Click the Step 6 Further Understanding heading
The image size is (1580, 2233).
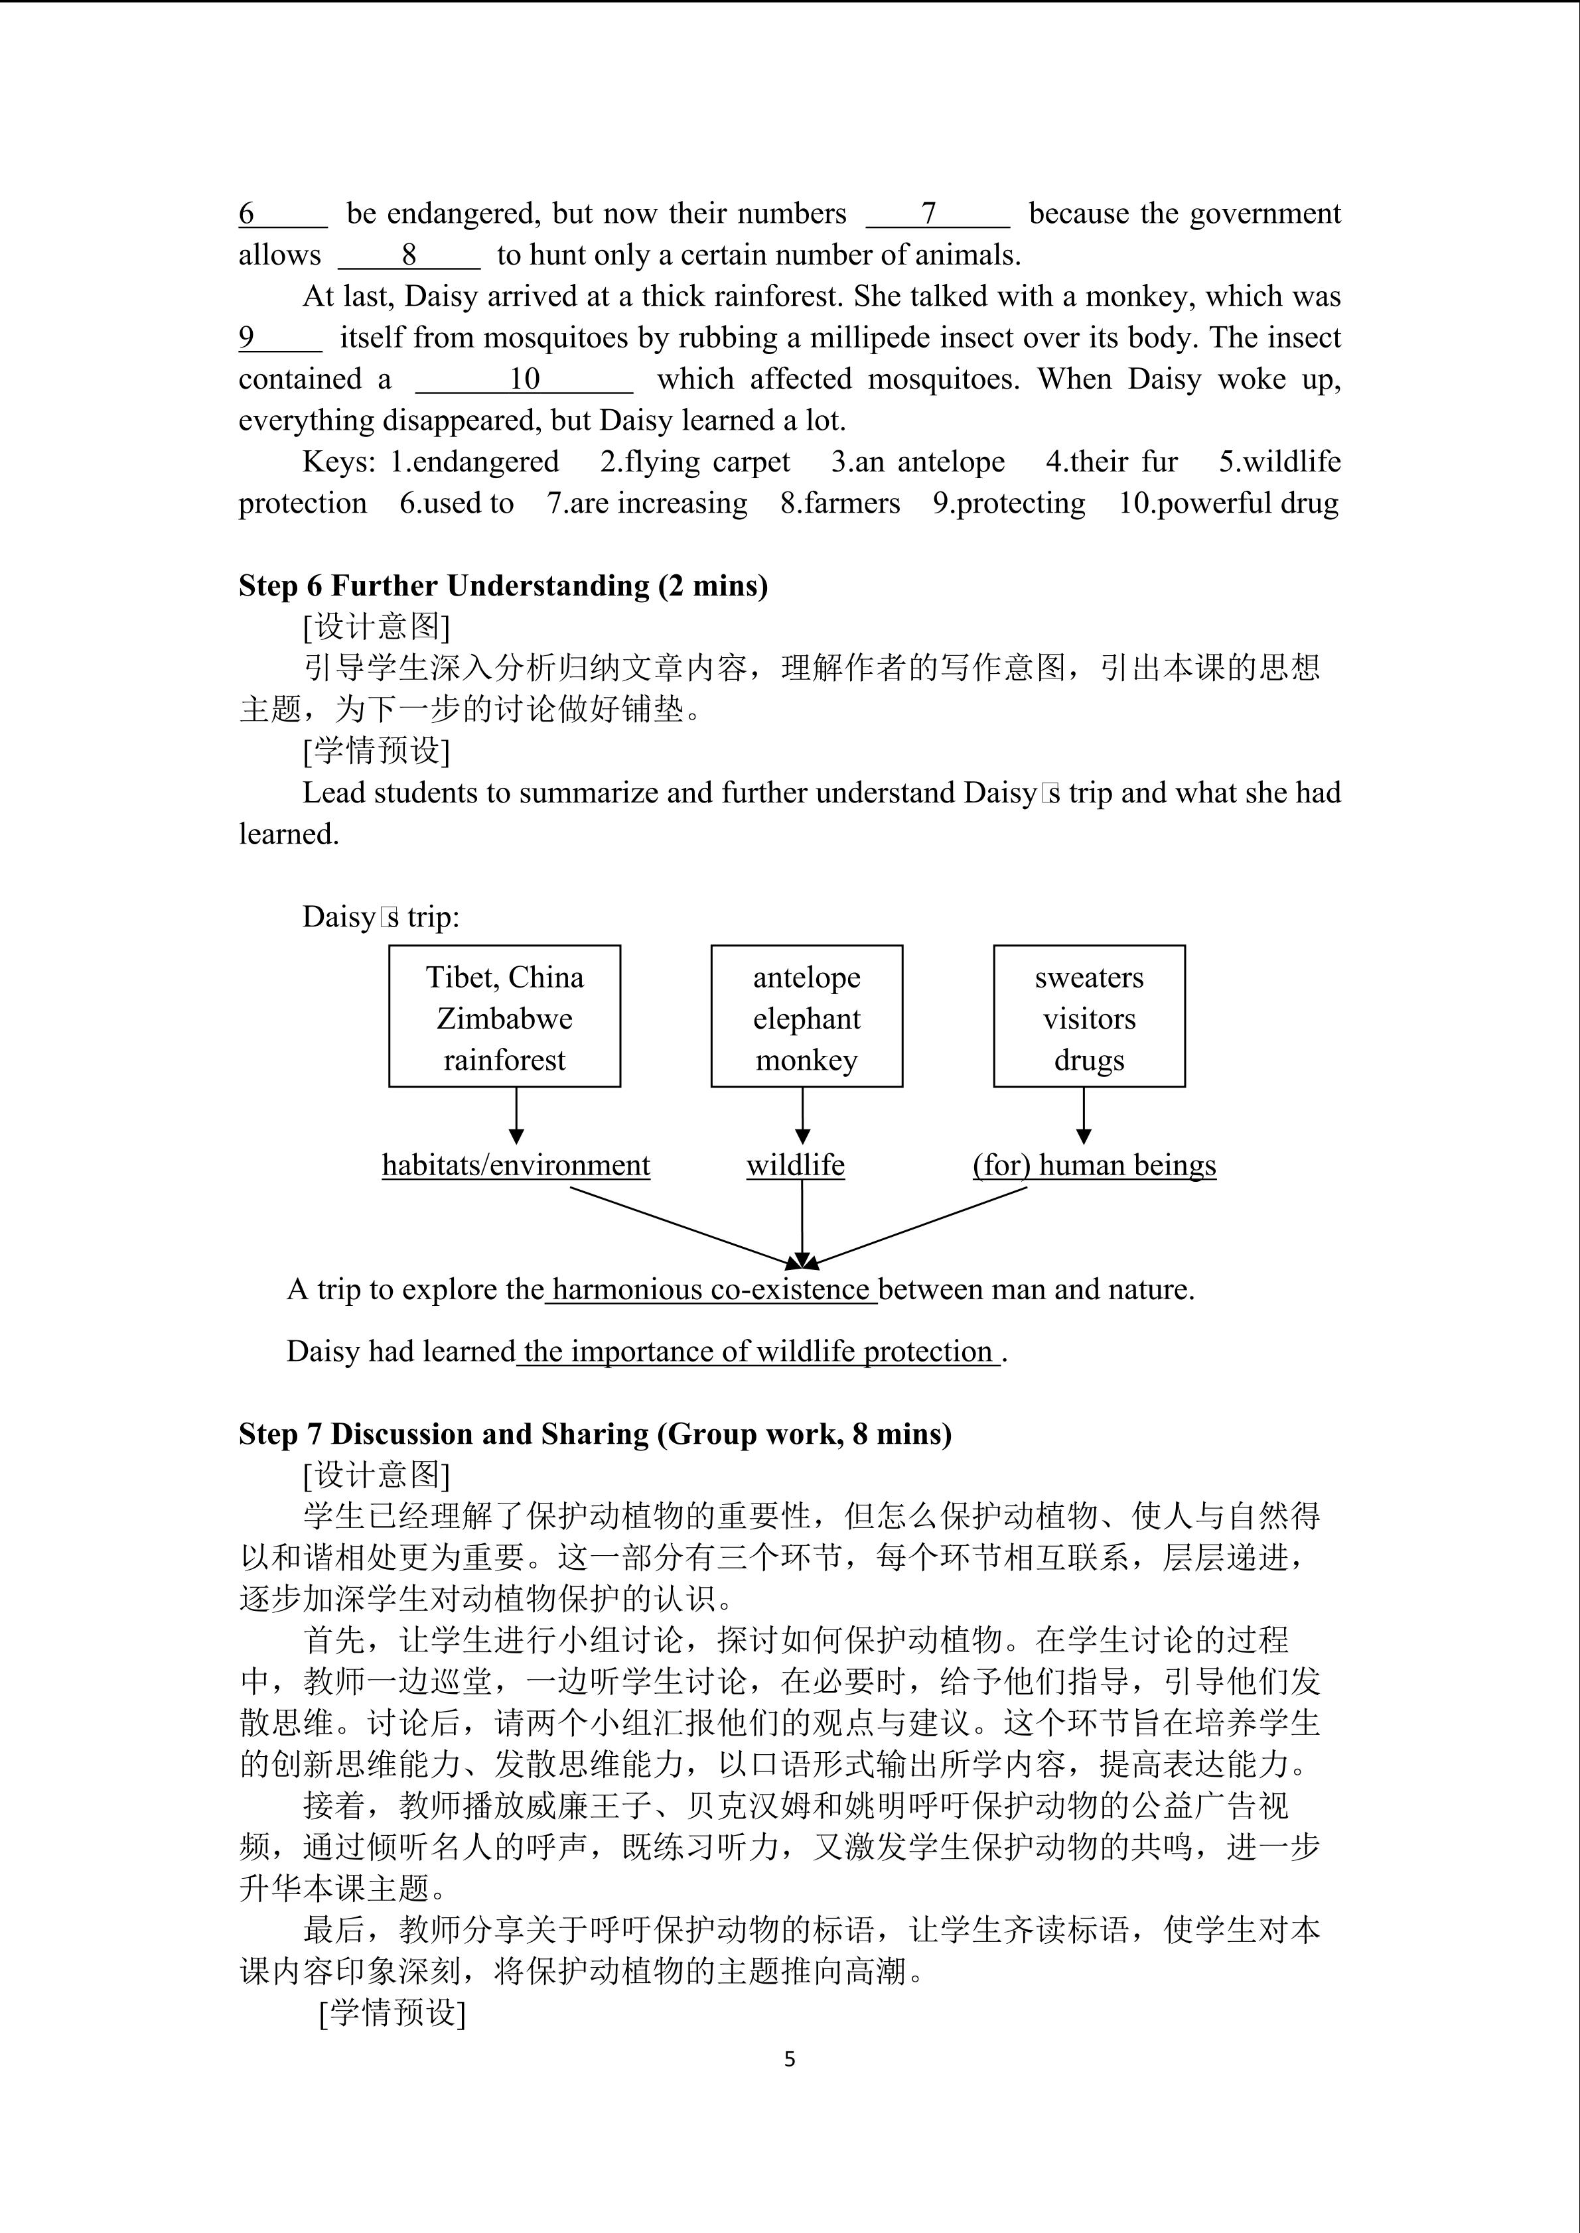pos(503,586)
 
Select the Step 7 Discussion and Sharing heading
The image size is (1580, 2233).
pos(595,1435)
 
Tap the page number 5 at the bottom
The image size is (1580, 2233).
pos(789,2059)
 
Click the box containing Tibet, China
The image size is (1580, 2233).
pos(504,1016)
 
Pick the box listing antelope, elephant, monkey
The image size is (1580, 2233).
pos(806,1016)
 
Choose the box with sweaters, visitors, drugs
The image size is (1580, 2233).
pos(1089,1016)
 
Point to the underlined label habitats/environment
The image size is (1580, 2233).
pos(516,1165)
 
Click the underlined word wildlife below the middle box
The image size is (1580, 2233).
pos(796,1165)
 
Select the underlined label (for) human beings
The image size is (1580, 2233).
pos(1094,1165)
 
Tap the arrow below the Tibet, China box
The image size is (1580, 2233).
pos(517,1117)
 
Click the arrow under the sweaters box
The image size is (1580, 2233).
pos(1084,1117)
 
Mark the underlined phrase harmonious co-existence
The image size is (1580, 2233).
pos(710,1290)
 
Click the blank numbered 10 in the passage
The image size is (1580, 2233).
pos(524,379)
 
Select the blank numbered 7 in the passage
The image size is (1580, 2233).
pos(937,214)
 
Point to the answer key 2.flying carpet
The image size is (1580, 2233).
pos(695,462)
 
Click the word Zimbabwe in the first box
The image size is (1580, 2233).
pos(504,1018)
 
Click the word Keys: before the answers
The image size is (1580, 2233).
pos(338,462)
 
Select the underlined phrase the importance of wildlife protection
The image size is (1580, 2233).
pos(758,1352)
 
